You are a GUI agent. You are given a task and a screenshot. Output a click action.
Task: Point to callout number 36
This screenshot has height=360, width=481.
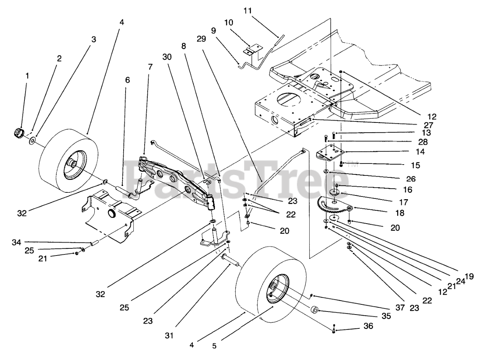pos(368,326)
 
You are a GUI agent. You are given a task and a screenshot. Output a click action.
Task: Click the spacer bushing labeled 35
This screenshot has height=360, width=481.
pos(315,310)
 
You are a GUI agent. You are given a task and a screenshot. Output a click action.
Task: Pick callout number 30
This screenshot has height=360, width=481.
pos(167,57)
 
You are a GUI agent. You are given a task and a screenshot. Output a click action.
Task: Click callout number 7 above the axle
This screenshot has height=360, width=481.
pos(150,67)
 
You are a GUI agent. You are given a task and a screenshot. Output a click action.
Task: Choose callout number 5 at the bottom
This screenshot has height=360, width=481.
pos(214,345)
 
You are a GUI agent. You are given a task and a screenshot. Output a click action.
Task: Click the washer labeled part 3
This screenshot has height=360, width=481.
pos(32,141)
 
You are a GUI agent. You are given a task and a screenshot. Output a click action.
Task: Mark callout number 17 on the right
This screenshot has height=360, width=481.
pos(403,202)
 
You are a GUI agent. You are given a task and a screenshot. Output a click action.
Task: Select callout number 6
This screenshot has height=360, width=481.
pos(127,80)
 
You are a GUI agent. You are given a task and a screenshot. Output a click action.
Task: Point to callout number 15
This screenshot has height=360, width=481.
pos(416,165)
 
